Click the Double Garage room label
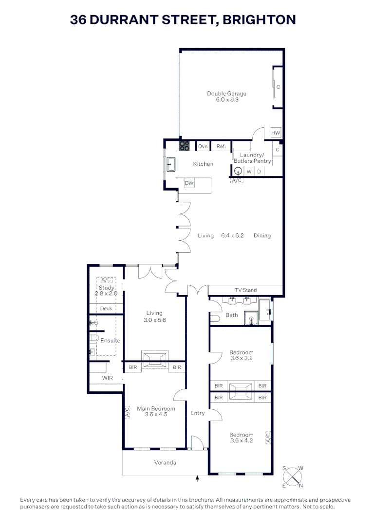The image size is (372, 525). [226, 94]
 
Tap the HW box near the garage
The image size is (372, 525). [276, 133]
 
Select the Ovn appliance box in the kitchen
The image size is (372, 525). [203, 146]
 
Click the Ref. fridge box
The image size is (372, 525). [221, 146]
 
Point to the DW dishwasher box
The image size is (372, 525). [189, 183]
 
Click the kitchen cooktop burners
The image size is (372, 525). [185, 145]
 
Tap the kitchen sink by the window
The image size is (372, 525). [171, 165]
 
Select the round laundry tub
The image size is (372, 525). [238, 171]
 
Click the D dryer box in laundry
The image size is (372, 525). [259, 172]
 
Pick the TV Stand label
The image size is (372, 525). [245, 290]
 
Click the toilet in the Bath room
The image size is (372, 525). [215, 319]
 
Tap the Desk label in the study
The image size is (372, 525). [106, 309]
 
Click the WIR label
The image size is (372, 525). [108, 378]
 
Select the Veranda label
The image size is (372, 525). [165, 463]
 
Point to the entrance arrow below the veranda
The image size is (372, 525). [197, 479]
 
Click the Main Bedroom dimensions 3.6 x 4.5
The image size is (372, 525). [156, 415]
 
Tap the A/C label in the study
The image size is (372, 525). [106, 280]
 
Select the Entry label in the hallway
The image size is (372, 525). [197, 413]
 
